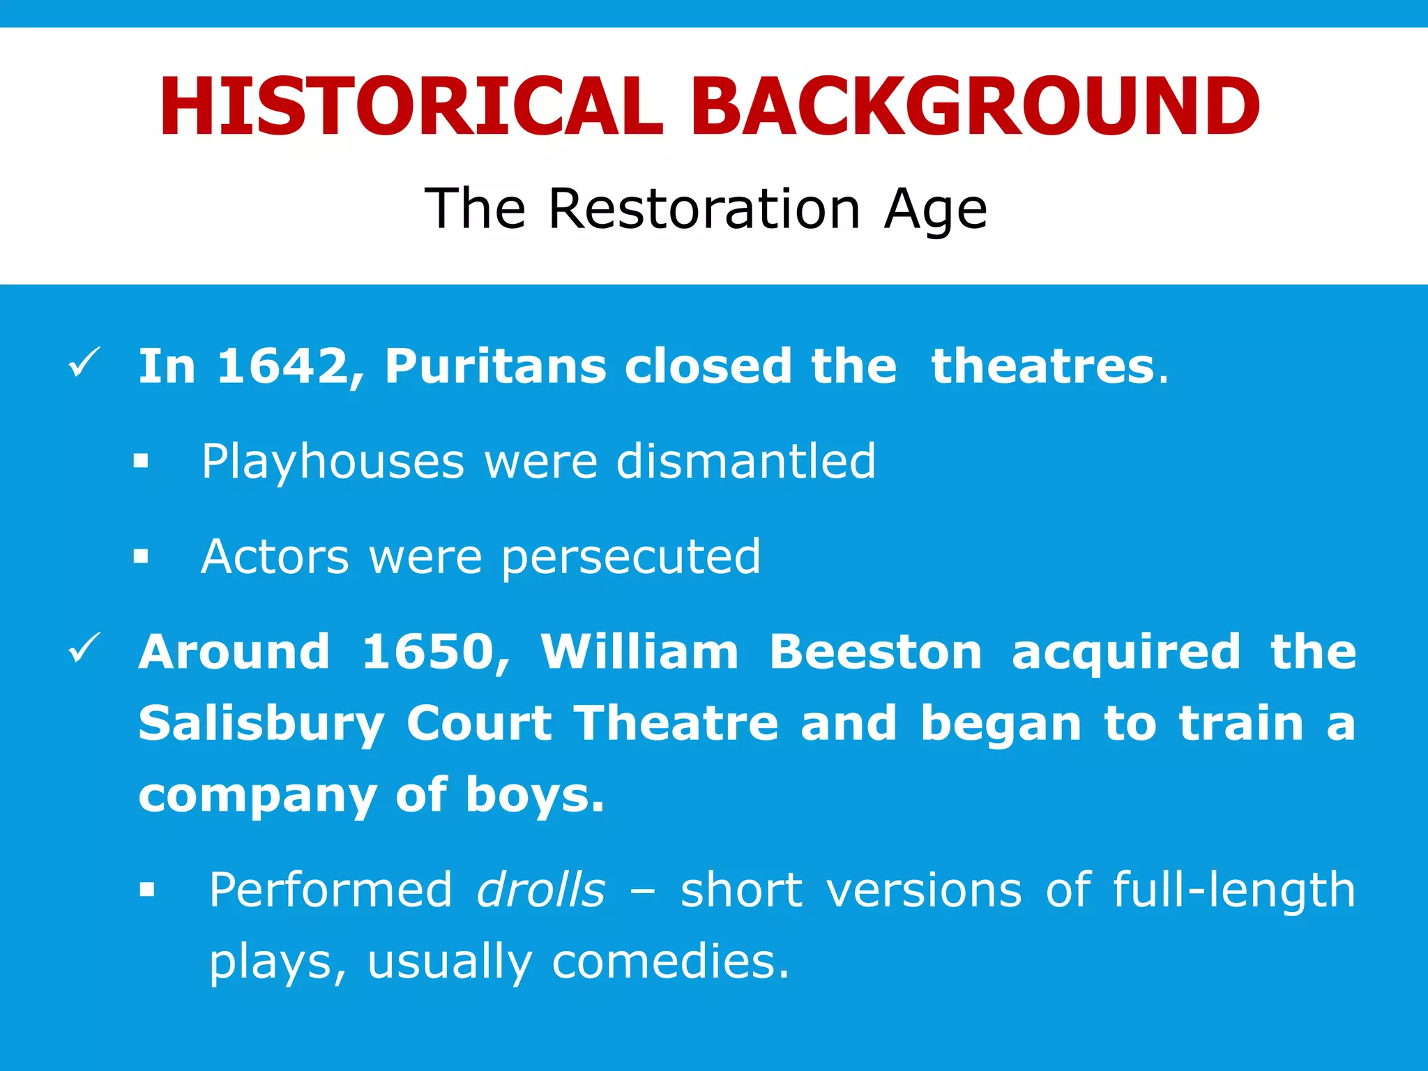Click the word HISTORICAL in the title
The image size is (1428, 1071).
tap(411, 107)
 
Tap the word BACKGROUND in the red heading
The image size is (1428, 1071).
tap(975, 107)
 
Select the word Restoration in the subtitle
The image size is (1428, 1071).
tap(704, 208)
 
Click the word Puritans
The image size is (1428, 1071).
tap(495, 366)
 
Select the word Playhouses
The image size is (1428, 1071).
tap(333, 462)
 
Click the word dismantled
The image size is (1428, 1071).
tap(745, 461)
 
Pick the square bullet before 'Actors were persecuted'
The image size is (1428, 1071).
tap(142, 556)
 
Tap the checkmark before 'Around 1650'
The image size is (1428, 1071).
tap(85, 648)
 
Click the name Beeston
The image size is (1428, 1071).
tap(875, 652)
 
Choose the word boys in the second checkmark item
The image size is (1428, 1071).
tap(534, 796)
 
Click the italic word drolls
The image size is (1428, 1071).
tap(541, 890)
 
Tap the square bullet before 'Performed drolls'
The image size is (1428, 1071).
tap(146, 890)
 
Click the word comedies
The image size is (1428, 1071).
tap(670, 962)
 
